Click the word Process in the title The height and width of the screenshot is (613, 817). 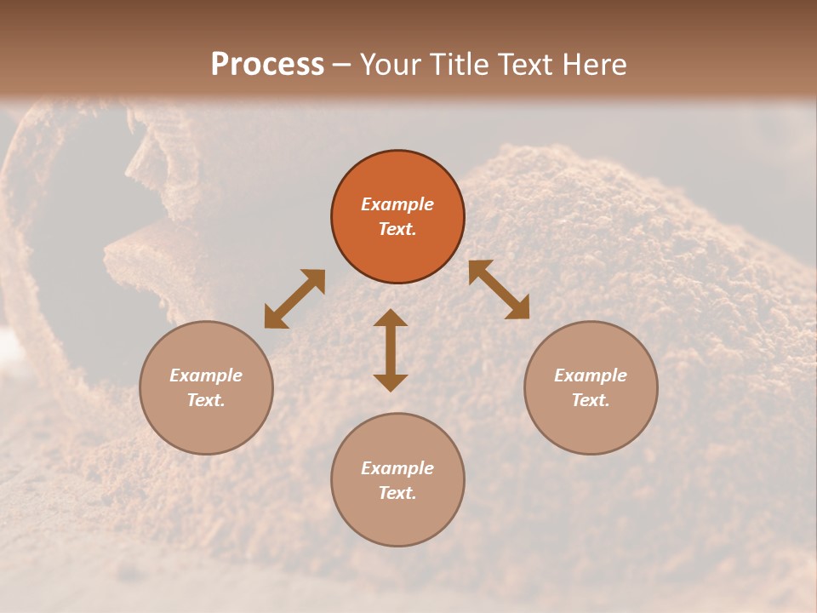click(x=267, y=65)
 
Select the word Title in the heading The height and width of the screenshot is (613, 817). click(x=463, y=65)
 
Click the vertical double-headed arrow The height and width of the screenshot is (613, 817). click(x=391, y=351)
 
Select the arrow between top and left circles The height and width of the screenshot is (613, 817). click(x=294, y=299)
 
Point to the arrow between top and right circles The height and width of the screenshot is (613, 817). click(x=499, y=289)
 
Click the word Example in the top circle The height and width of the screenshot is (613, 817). click(x=397, y=204)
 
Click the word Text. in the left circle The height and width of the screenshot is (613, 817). click(x=206, y=400)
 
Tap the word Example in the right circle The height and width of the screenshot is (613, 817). click(x=591, y=375)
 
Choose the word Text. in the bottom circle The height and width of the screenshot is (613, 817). click(x=397, y=493)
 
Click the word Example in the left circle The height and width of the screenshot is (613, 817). click(x=206, y=375)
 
